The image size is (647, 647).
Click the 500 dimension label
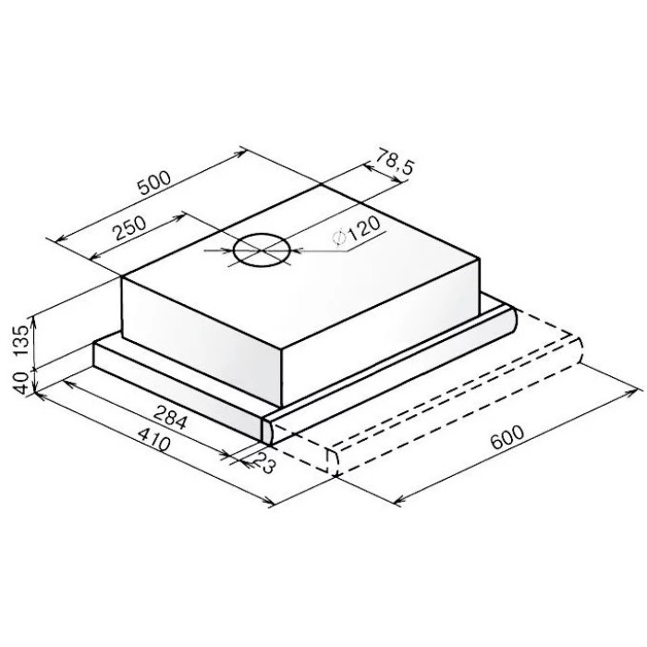click(154, 182)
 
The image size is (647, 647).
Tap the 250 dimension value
click(130, 227)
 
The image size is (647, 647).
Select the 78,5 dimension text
click(394, 161)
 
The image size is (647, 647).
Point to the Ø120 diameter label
click(356, 232)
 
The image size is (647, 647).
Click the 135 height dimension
click(21, 340)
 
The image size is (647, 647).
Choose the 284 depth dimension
click(170, 417)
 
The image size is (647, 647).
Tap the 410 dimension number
click(153, 440)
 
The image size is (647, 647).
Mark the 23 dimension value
click(263, 462)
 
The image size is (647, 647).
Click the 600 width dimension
click(507, 436)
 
